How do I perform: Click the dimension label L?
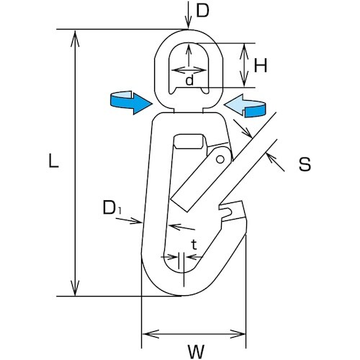coord(52,163)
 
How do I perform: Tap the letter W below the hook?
coord(194,352)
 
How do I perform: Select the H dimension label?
coord(261,66)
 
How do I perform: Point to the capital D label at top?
coord(204,12)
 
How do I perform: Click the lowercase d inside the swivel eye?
coord(189,81)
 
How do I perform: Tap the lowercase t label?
coord(193,245)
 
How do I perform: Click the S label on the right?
coord(304,164)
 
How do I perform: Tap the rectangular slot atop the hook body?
coord(190,141)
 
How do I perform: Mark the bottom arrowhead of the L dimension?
coord(73,289)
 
